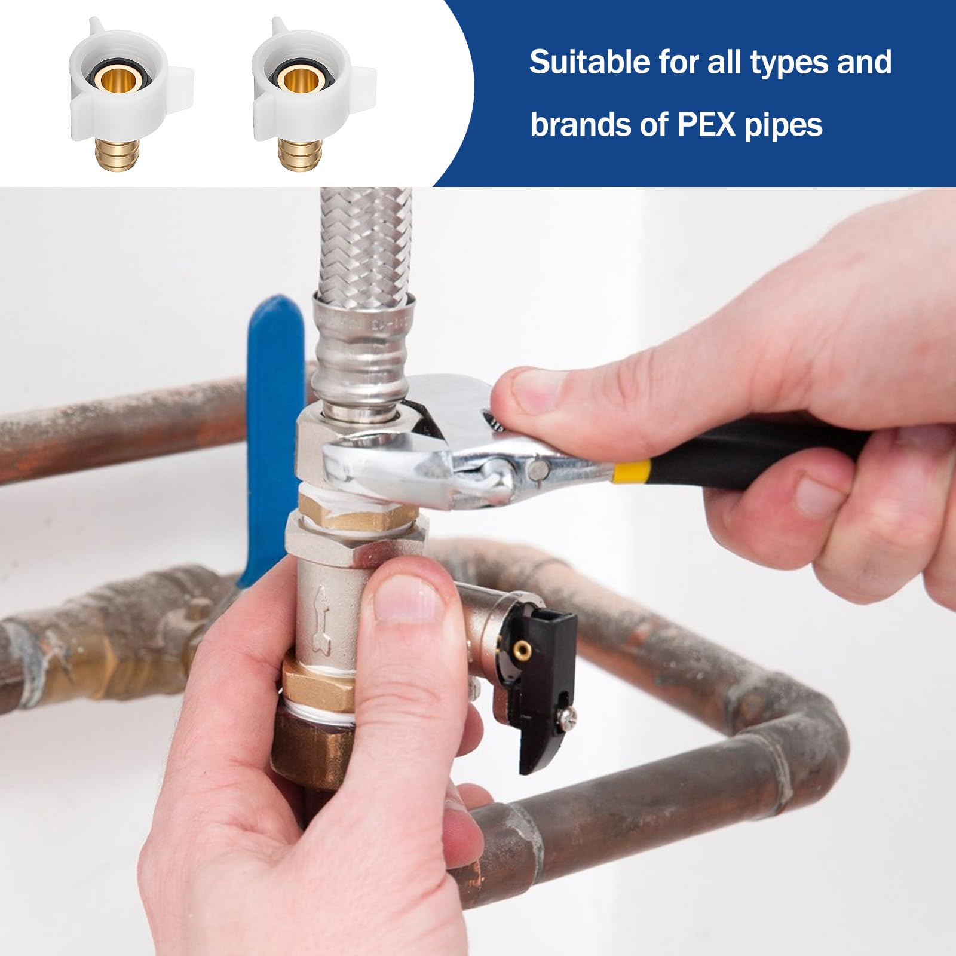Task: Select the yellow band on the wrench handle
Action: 632,470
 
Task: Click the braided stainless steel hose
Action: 366,245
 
